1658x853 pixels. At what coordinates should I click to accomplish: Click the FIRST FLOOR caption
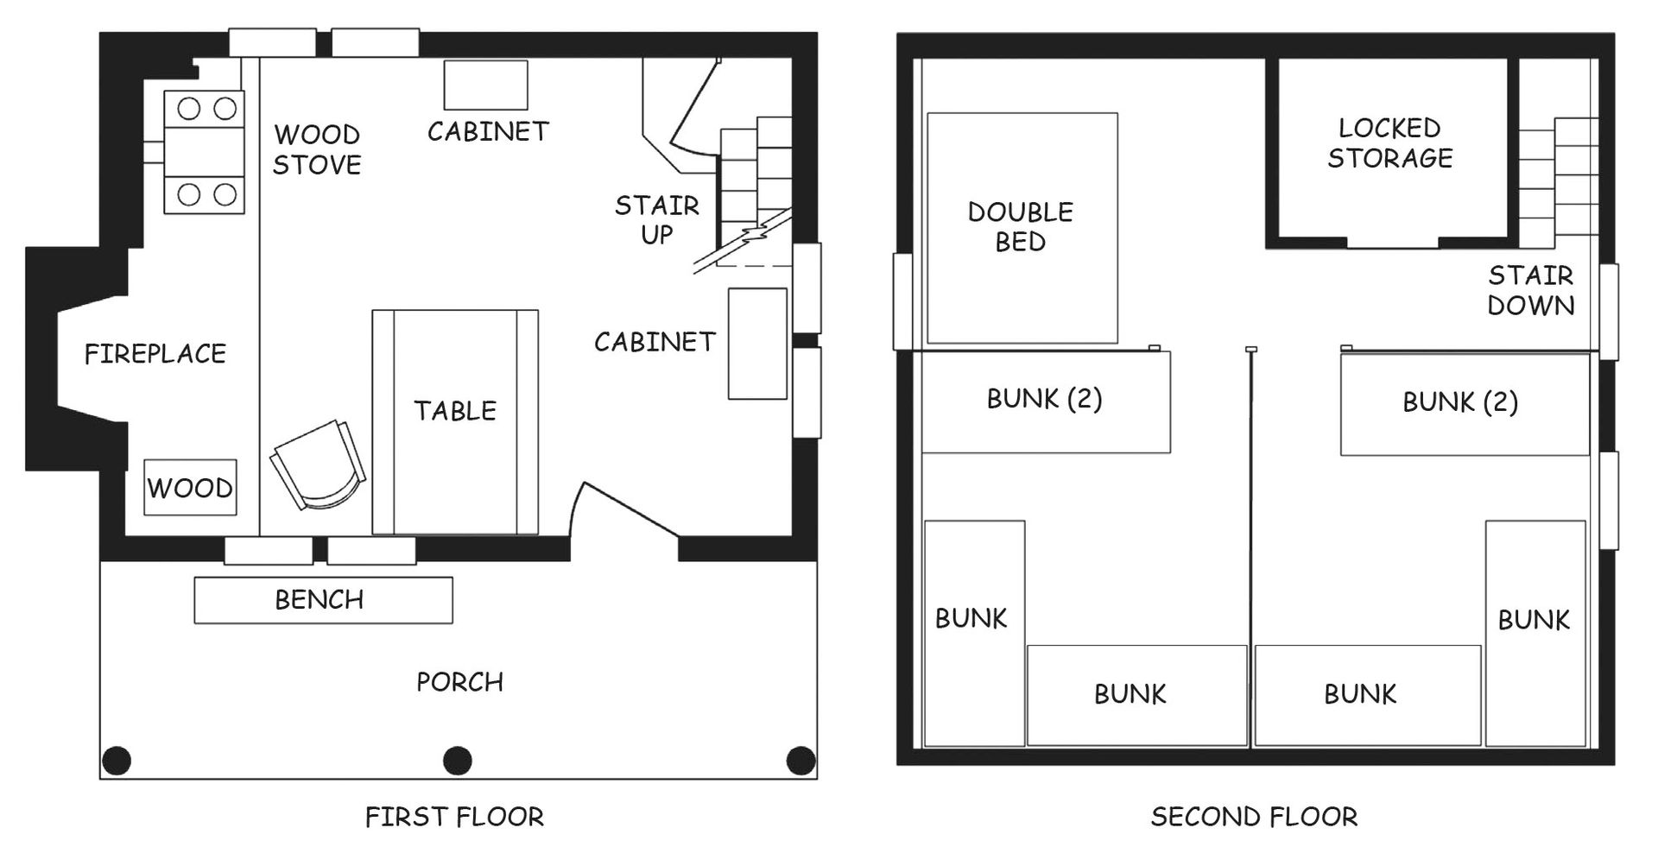point(454,817)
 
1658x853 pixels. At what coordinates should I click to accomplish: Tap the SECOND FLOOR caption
point(1254,817)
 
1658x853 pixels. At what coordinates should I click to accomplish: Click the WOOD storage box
point(190,488)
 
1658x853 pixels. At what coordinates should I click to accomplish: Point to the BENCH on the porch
point(323,600)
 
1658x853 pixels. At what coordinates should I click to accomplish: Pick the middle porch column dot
point(458,761)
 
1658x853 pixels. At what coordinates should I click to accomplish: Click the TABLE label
point(455,411)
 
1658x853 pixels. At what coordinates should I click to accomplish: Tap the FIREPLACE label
point(155,353)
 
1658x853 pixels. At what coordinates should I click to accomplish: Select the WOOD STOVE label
point(317,149)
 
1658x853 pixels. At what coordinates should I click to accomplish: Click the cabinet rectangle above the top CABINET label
point(486,85)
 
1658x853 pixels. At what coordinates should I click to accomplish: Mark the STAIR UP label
point(657,219)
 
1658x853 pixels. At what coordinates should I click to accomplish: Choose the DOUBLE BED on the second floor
point(1022,228)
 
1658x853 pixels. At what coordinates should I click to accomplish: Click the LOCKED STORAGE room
point(1390,153)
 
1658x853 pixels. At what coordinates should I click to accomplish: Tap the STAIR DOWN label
point(1531,290)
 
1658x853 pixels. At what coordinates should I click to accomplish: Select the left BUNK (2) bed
point(1046,401)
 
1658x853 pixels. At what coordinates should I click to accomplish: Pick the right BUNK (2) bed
point(1465,403)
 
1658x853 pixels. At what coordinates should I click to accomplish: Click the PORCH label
point(460,682)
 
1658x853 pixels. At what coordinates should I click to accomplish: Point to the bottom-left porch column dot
point(117,761)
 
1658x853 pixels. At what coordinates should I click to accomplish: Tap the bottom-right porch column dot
point(801,761)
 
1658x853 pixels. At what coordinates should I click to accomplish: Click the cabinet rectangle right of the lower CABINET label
point(757,344)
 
